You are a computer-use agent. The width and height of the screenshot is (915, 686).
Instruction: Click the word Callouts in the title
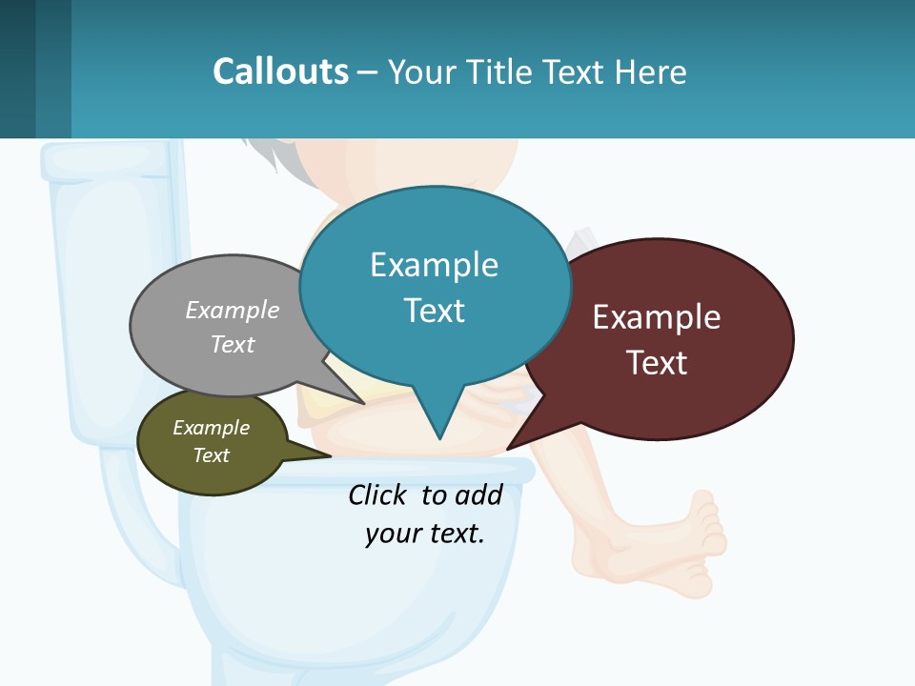pos(280,72)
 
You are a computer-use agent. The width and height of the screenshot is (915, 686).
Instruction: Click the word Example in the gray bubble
pos(233,311)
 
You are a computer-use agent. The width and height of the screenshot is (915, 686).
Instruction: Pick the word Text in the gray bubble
pos(233,344)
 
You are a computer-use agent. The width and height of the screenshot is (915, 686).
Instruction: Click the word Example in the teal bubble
pos(434,265)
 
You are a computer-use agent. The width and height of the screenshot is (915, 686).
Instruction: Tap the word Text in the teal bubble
pos(434,311)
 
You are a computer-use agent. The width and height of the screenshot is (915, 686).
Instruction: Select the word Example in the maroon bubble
pos(657,317)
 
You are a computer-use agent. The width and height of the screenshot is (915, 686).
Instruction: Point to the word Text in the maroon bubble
pos(657,363)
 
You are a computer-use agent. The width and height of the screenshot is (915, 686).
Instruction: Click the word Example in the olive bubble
pos(211,428)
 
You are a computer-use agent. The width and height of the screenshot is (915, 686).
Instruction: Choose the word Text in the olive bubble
pos(211,455)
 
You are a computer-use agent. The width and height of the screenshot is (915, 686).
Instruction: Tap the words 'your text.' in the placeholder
pos(424,534)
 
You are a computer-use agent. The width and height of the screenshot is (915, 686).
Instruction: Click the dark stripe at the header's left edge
pos(17,69)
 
